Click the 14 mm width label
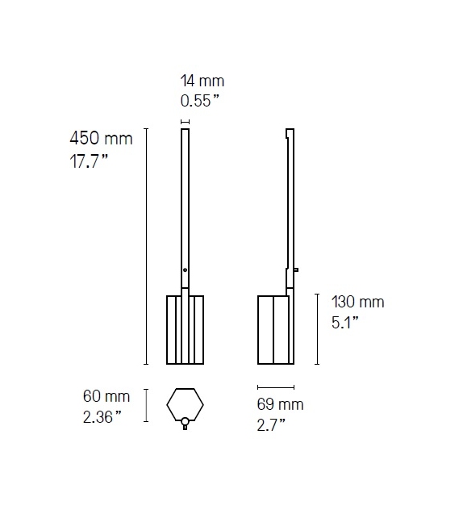pos(202,81)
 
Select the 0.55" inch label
pos(201,102)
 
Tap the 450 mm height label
pos(101,139)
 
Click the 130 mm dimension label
pos(358,303)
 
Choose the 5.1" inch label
pos(344,322)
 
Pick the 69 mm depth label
pos(281,404)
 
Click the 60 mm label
pos(106,396)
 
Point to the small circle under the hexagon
pos(185,420)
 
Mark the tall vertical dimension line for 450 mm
pos(145,246)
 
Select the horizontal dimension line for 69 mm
pos(276,388)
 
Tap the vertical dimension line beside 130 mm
pos(316,329)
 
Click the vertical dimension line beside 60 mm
pos(145,405)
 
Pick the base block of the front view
pos(185,330)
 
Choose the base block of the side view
pos(275,330)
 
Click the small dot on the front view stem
pos(185,269)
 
